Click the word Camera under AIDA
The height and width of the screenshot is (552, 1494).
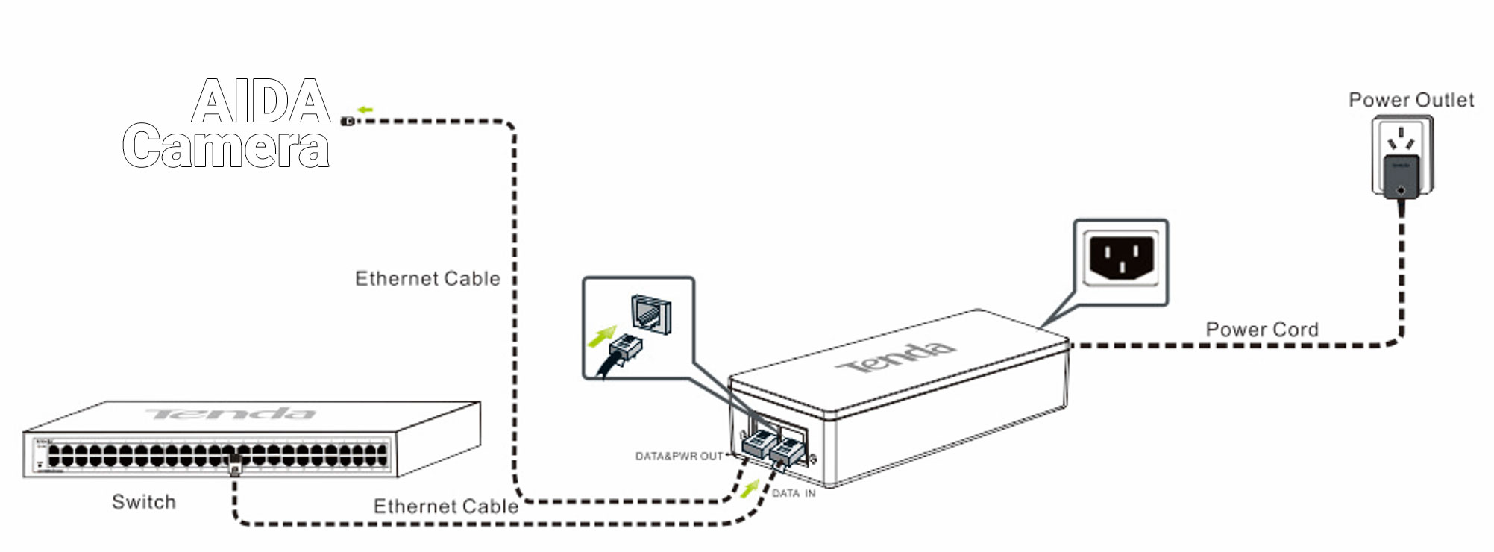tap(226, 146)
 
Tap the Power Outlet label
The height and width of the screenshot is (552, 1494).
tap(1410, 100)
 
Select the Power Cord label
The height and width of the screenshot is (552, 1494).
tap(1261, 329)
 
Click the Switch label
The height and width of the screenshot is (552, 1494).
tap(143, 501)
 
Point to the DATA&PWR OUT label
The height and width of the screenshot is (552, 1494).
tap(679, 456)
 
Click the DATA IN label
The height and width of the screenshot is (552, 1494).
tap(793, 493)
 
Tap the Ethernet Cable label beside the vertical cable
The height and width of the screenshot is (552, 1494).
tap(427, 278)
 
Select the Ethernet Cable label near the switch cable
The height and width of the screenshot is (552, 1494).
tap(445, 506)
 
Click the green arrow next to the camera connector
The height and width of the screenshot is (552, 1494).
tap(365, 110)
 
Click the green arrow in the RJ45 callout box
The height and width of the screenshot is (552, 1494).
tap(601, 337)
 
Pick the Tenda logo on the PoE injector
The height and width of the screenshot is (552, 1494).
tap(895, 358)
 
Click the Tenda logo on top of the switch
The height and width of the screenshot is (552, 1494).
tap(231, 413)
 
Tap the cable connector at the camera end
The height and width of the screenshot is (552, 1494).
tap(348, 121)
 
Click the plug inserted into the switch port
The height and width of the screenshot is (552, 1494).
tap(234, 465)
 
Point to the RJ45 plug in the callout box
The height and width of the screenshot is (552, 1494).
tap(625, 348)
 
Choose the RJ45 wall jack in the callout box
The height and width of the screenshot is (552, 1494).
tap(651, 313)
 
